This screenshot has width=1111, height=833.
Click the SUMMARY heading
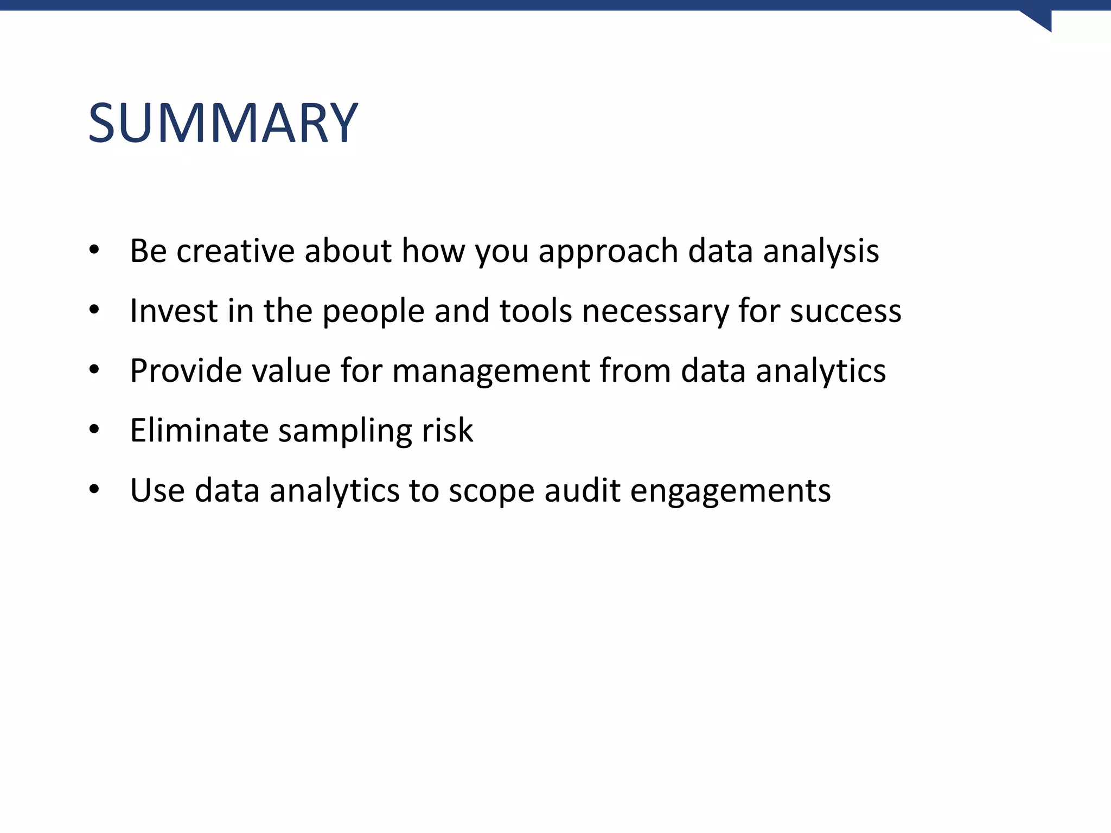point(222,123)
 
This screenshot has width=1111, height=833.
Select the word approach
point(608,252)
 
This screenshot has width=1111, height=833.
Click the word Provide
point(186,371)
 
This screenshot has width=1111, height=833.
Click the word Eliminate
point(199,431)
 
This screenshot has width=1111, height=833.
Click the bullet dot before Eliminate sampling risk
point(94,430)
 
